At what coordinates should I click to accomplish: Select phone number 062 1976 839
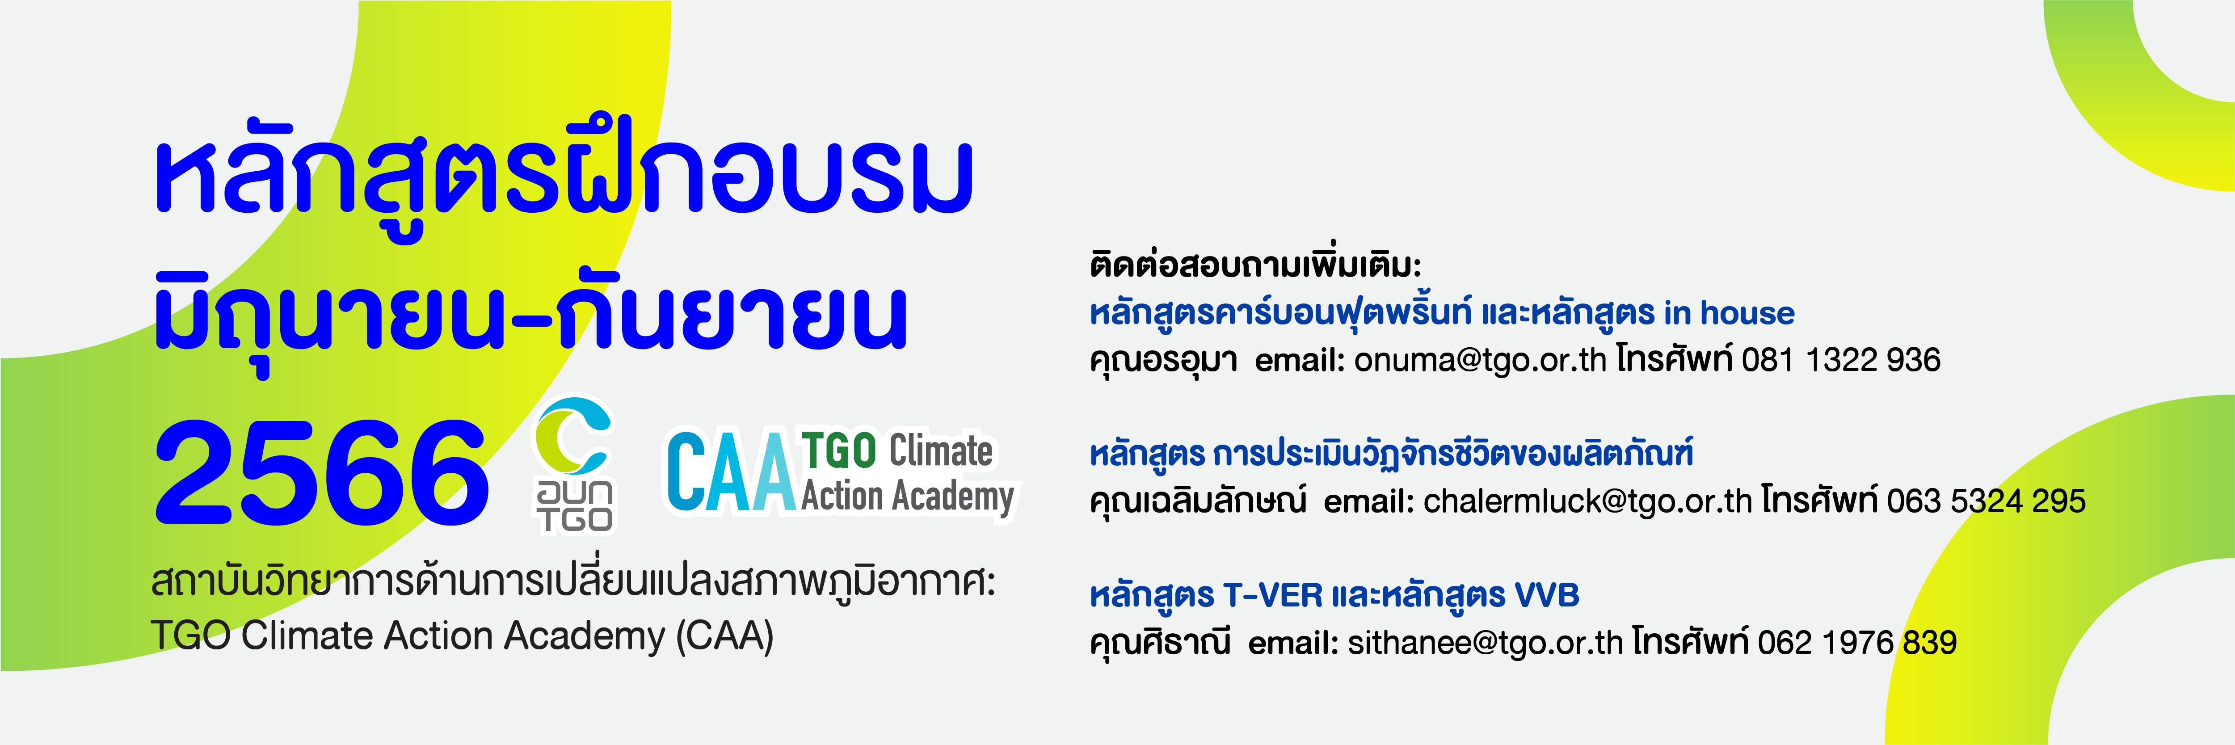[1857, 643]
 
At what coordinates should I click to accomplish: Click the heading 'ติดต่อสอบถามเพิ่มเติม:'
[1255, 264]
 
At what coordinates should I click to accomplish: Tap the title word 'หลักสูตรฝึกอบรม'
[564, 173]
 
